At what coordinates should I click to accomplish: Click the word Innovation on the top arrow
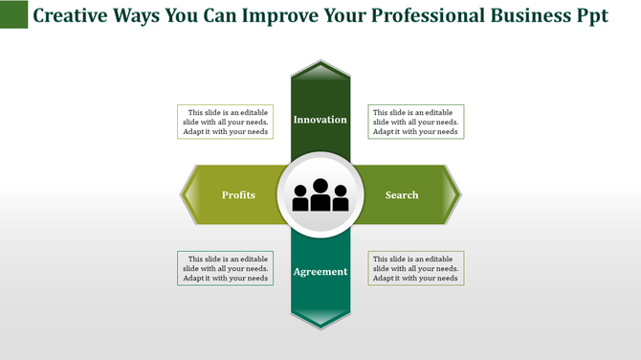point(320,120)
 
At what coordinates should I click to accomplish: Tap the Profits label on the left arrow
point(238,195)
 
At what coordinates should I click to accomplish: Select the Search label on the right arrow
point(402,195)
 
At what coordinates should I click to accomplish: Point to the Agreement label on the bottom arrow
point(320,272)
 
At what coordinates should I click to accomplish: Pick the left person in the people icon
point(300,198)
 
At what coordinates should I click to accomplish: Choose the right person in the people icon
point(341,198)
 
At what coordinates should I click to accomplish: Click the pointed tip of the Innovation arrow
point(320,64)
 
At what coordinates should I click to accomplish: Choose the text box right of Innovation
point(416,122)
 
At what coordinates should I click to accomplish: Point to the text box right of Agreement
point(416,269)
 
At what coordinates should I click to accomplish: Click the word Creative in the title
point(73,18)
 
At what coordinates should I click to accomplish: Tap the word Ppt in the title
point(590,18)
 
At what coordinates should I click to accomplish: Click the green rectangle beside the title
point(13,14)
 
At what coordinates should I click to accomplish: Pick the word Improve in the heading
point(279,18)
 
